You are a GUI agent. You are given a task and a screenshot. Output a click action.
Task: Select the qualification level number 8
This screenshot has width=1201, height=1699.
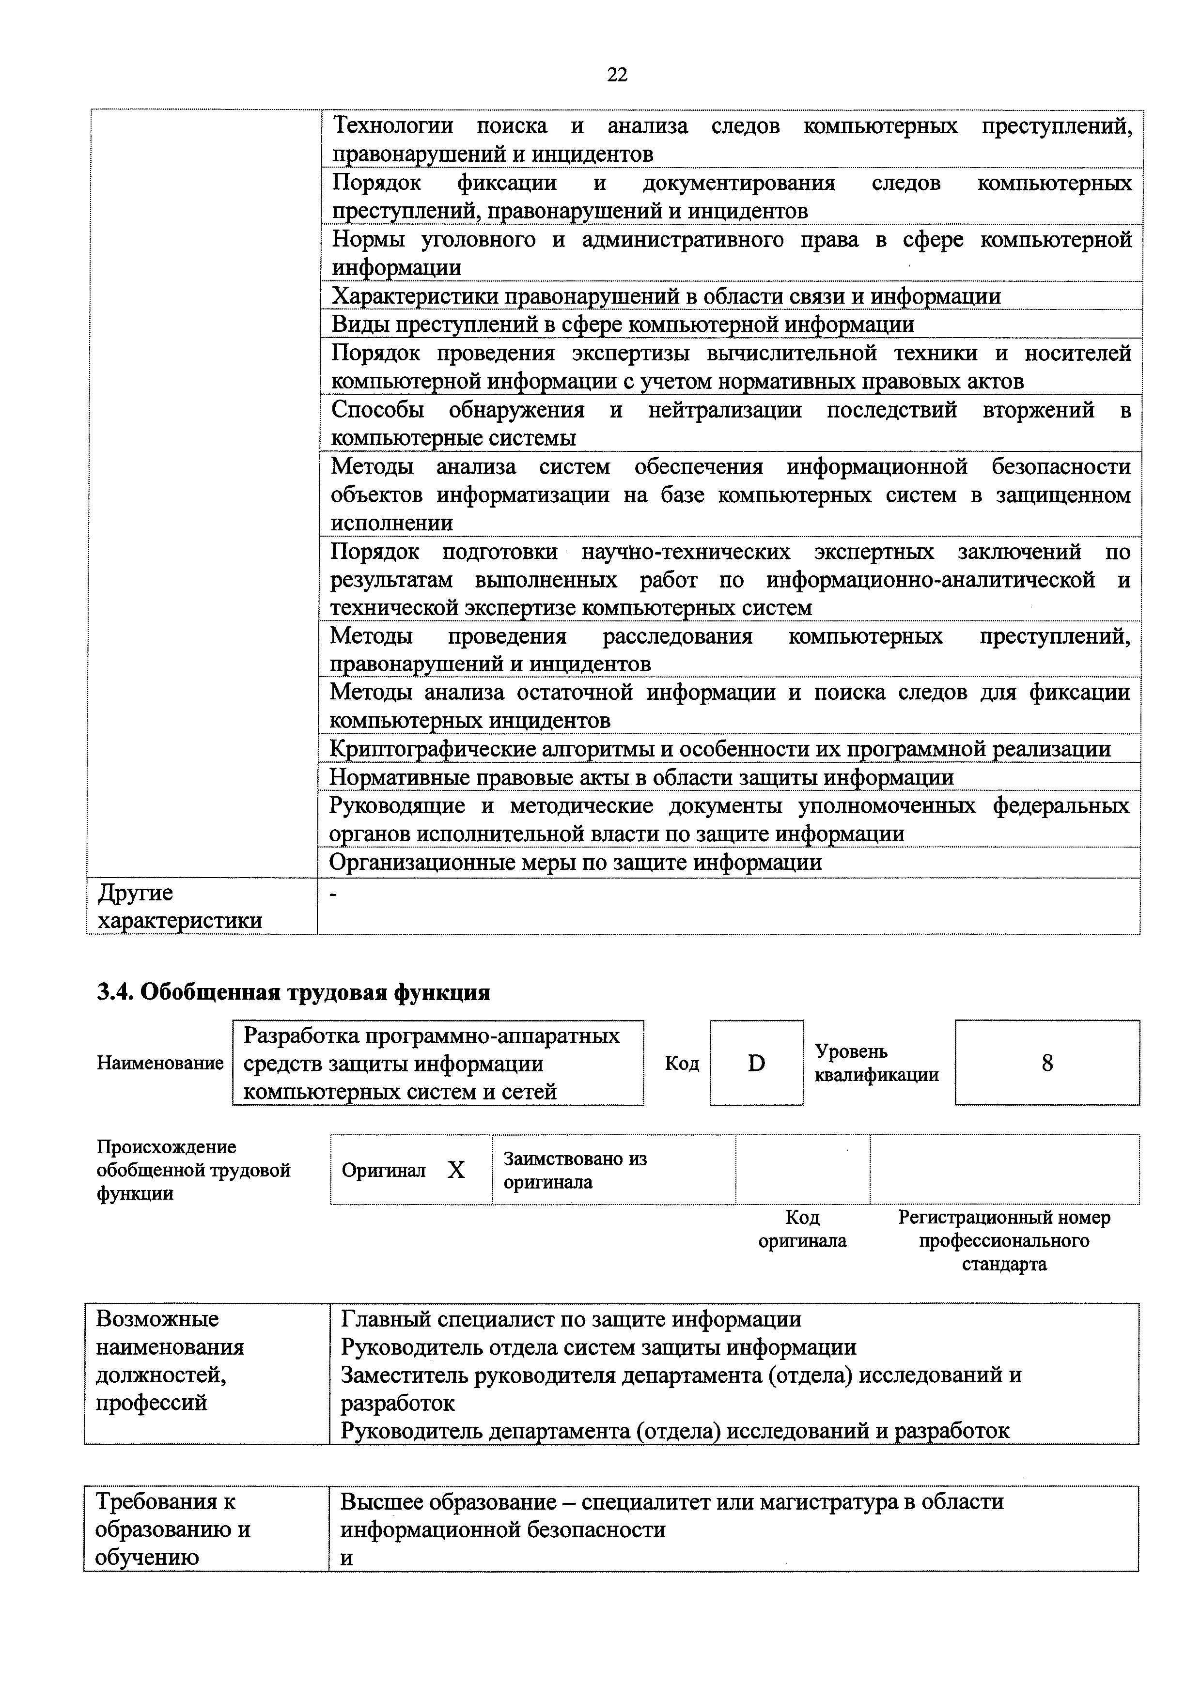click(1046, 1064)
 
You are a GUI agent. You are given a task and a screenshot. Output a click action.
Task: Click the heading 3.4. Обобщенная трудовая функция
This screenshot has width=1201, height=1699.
click(293, 991)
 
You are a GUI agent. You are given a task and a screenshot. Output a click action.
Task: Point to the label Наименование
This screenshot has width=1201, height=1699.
click(160, 1064)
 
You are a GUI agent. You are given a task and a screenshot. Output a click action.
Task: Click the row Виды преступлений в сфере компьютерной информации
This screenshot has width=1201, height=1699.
click(623, 324)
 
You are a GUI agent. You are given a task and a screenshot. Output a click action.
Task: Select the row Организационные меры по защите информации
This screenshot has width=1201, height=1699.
click(576, 862)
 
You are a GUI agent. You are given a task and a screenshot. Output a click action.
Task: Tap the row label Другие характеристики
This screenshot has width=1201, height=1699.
click(180, 907)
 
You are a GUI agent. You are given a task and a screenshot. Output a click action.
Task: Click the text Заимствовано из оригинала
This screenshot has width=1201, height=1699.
click(575, 1170)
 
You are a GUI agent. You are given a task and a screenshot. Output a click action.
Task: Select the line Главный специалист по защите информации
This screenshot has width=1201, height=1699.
click(571, 1319)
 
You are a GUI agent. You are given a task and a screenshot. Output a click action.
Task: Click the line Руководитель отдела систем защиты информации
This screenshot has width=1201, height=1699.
click(598, 1347)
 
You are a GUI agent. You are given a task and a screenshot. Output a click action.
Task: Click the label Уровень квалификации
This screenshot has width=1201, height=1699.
click(876, 1064)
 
